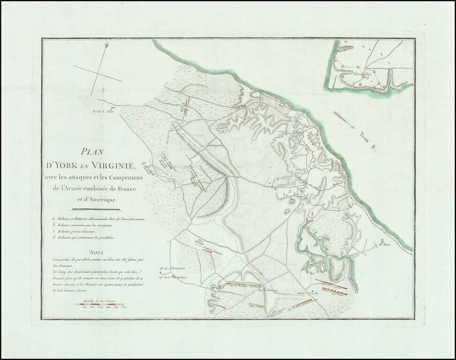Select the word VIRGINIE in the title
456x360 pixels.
pyautogui.click(x=112, y=165)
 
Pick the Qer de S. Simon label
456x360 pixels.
pyautogui.click(x=101, y=111)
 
